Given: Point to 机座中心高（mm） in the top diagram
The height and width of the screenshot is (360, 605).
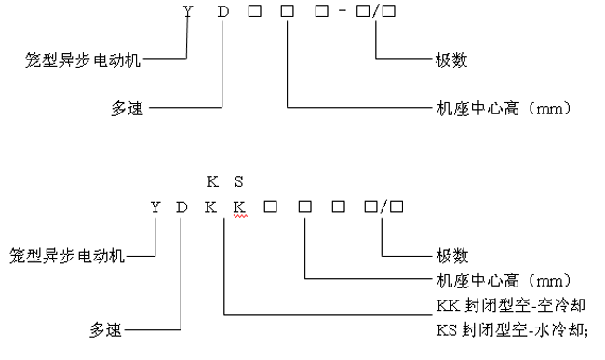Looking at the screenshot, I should [x=503, y=109].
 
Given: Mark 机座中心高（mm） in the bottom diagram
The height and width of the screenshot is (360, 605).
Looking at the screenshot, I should [x=503, y=278].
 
